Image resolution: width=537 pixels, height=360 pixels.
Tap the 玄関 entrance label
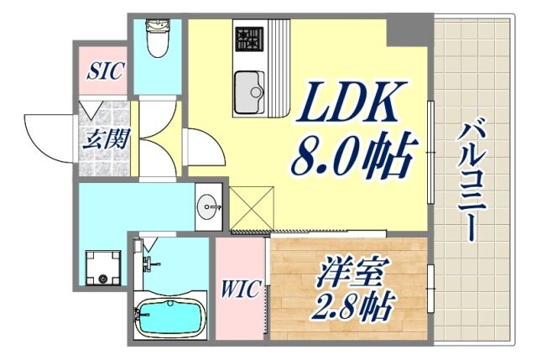[x=107, y=138]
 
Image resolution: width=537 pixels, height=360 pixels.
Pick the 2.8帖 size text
[x=352, y=305]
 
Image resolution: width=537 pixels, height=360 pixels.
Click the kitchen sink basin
[x=249, y=91]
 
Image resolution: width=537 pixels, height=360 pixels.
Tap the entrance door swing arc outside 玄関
[x=46, y=134]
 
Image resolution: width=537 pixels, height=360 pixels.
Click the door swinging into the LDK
[x=204, y=148]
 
